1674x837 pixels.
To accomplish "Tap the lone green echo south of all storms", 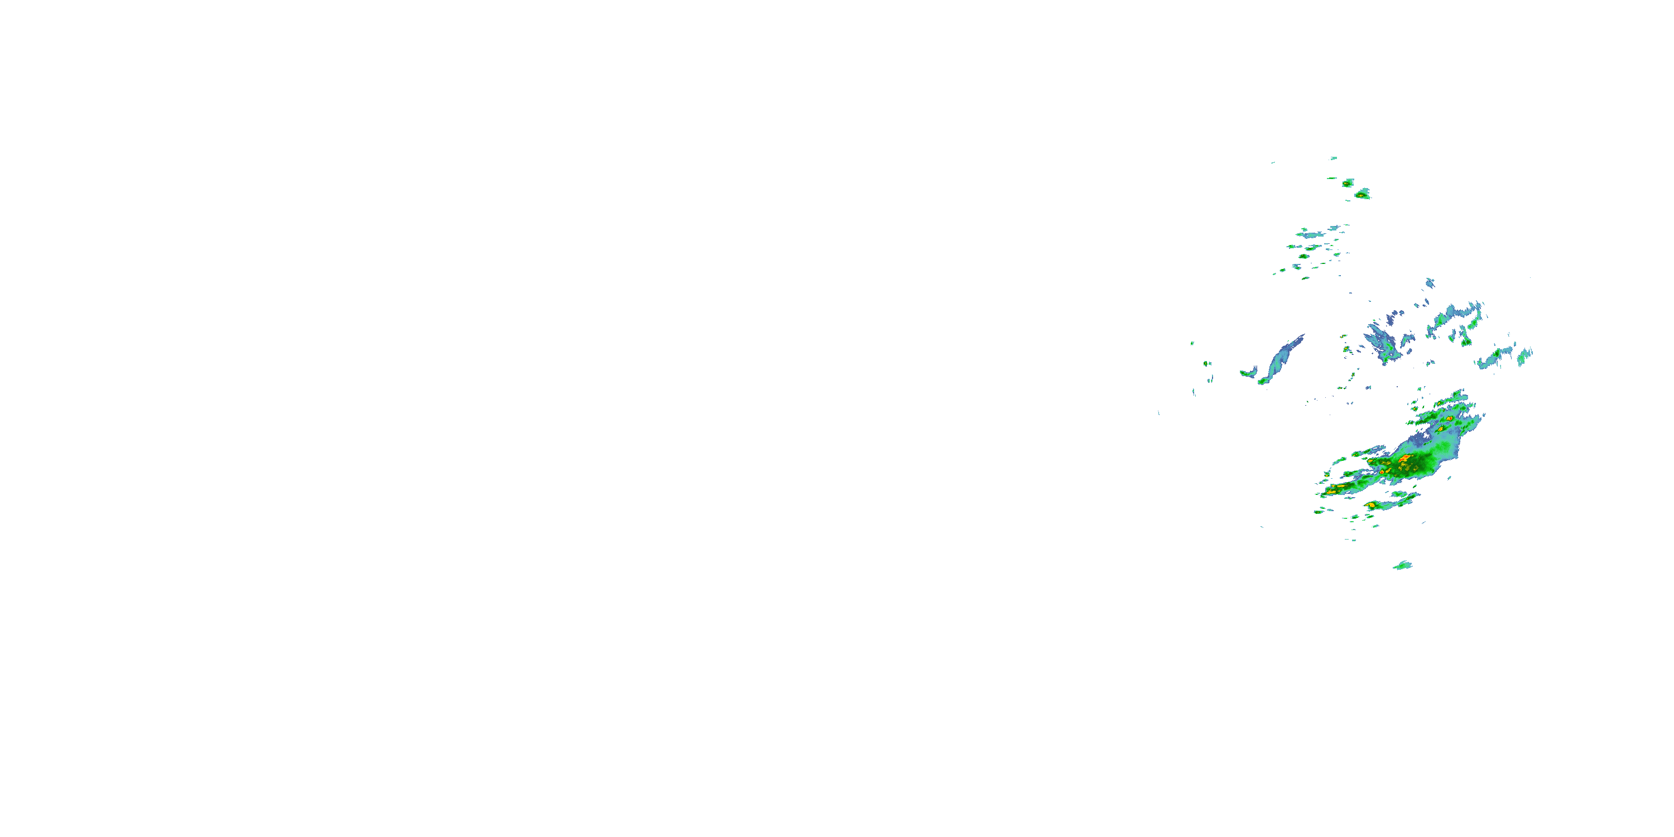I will [x=1402, y=565].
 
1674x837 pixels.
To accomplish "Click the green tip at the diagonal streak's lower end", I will [x=1263, y=382].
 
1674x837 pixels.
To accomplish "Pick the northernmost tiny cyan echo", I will [x=1334, y=158].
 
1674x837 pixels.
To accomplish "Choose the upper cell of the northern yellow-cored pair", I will [x=1348, y=182].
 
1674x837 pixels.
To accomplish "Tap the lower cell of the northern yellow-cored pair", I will [x=1362, y=194].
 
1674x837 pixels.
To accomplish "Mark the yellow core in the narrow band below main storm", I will [x=1370, y=505].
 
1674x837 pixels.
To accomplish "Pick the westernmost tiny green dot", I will [x=1192, y=343].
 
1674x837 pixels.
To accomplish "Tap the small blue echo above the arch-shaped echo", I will [x=1430, y=283].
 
